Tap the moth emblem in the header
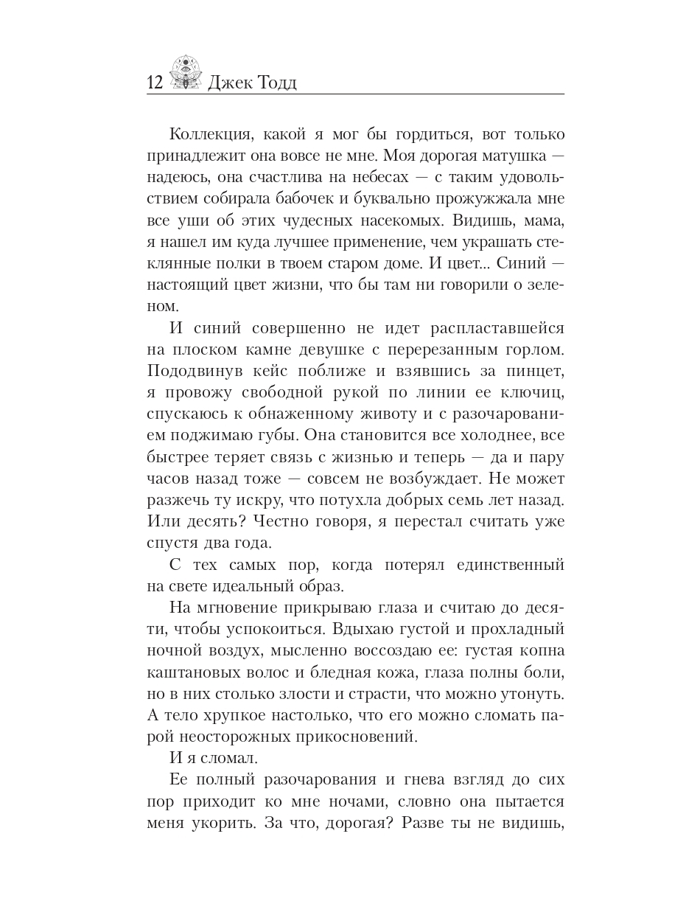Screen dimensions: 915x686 185,73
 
